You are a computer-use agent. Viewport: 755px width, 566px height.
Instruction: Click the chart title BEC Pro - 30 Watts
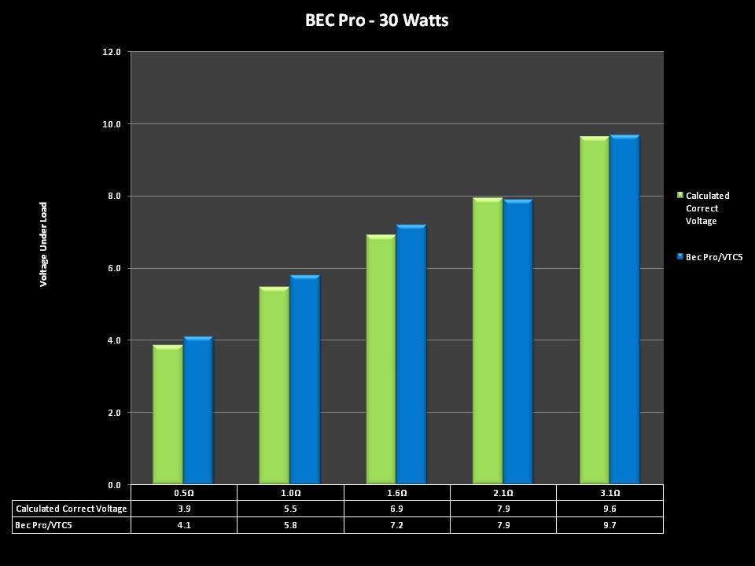coord(377,20)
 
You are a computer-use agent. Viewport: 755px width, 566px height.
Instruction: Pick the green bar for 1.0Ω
coord(274,385)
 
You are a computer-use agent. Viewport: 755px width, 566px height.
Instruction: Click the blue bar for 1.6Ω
coord(411,354)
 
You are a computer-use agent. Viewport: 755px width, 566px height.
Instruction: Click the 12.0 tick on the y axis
coord(112,52)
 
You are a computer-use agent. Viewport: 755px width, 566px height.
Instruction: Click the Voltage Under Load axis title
coord(44,244)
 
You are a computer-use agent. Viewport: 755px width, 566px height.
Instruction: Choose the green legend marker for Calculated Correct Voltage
coord(679,195)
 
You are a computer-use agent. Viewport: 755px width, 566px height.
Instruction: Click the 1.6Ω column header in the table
coord(396,493)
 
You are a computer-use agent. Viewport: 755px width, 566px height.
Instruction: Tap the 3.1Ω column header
coord(610,493)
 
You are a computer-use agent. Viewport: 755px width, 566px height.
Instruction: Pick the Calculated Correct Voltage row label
coord(72,509)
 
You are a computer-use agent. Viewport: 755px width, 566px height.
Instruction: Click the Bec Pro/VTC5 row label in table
coord(42,524)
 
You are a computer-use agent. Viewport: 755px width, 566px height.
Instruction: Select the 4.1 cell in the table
coord(183,524)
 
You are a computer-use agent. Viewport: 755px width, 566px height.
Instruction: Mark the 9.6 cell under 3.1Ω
coord(610,509)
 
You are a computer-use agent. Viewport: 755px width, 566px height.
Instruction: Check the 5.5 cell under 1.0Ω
coord(290,509)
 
